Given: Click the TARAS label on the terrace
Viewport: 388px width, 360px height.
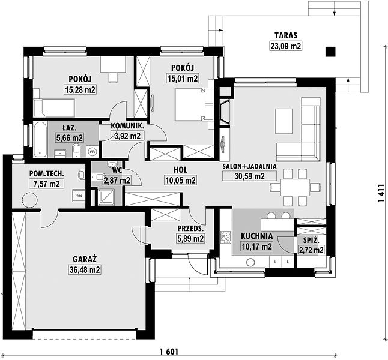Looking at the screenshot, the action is click(285, 35).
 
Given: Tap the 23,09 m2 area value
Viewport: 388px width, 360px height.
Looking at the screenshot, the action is click(286, 46).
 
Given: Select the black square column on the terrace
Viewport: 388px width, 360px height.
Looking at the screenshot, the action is click(330, 52).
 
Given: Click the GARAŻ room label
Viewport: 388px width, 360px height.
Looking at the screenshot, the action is click(84, 259).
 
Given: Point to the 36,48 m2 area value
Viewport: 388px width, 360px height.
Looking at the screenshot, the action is click(85, 270).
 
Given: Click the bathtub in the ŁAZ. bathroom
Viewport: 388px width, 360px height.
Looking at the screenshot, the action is click(40, 139).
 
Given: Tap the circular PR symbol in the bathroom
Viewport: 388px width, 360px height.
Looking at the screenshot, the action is click(92, 151).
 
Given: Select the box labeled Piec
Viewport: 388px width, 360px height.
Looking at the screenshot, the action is click(79, 196).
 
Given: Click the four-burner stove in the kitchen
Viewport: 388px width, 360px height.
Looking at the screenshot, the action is click(226, 238).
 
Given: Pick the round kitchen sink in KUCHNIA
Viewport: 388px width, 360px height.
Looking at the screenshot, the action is click(250, 262).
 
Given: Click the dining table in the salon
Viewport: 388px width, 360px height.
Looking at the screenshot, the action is click(295, 187).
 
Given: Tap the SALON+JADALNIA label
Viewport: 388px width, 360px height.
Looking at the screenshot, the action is click(249, 166).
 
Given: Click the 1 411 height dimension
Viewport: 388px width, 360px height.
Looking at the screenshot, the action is click(381, 193).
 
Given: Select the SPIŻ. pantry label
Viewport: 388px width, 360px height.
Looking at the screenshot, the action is click(311, 239).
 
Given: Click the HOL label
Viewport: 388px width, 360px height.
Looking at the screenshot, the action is click(180, 170).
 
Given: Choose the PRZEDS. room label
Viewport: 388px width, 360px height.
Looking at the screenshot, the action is click(190, 229).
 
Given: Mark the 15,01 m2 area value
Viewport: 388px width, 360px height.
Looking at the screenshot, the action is click(183, 79).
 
